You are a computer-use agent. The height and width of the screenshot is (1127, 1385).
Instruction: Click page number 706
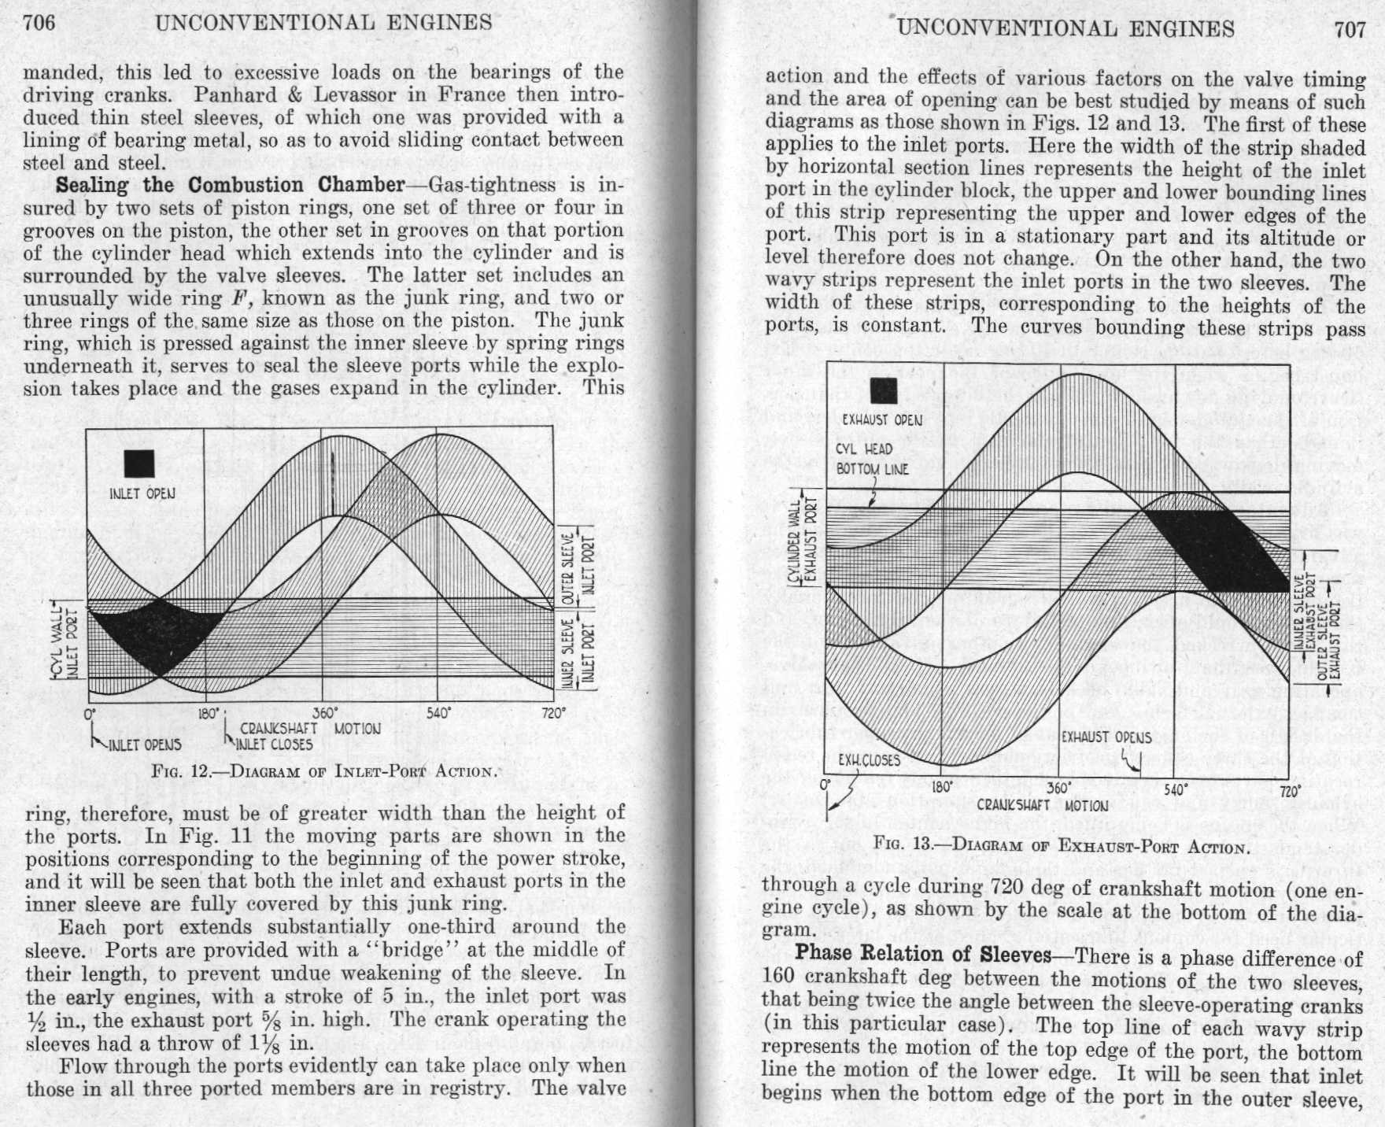coord(39,22)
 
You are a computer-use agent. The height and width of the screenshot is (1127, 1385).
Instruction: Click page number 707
coord(1350,30)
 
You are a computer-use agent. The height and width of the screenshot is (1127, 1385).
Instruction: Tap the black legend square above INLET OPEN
coord(139,464)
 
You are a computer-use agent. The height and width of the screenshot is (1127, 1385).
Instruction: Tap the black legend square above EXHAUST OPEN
coord(883,390)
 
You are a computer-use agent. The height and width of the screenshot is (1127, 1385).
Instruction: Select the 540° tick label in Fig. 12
coord(438,713)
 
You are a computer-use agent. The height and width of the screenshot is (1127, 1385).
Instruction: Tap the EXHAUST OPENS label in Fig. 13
coord(1106,737)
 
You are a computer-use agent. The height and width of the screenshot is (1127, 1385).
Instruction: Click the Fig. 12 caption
coord(325,770)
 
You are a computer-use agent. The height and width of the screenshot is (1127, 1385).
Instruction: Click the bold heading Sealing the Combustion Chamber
coord(229,185)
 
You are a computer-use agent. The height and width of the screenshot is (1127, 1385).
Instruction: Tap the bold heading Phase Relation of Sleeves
coord(923,954)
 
